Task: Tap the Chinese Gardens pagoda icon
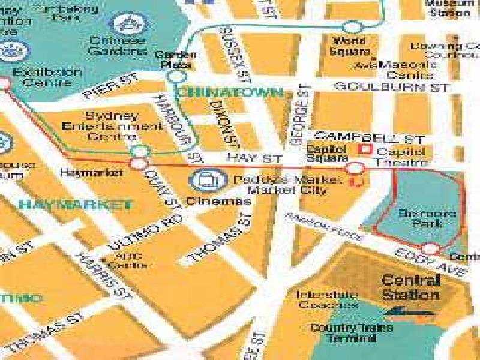(x=126, y=24)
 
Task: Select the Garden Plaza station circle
(x=176, y=76)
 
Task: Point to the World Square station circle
(x=352, y=26)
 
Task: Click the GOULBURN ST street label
(x=392, y=87)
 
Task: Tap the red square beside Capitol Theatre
(x=362, y=148)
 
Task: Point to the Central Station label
(x=411, y=287)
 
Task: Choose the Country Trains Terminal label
(x=342, y=333)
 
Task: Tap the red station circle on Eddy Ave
(x=430, y=248)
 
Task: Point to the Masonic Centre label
(x=410, y=70)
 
